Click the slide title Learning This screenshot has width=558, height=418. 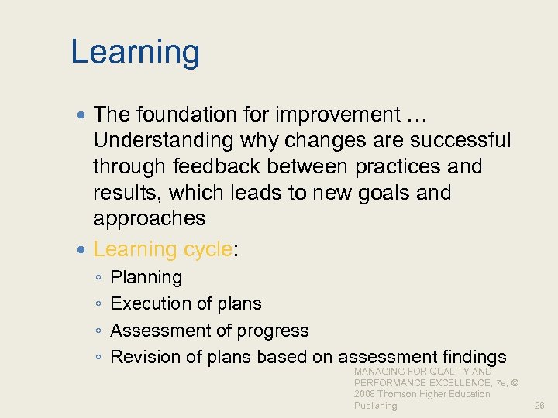click(135, 53)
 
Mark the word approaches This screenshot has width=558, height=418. click(149, 218)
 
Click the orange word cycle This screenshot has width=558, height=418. click(207, 248)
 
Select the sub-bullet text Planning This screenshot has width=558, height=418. click(146, 277)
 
